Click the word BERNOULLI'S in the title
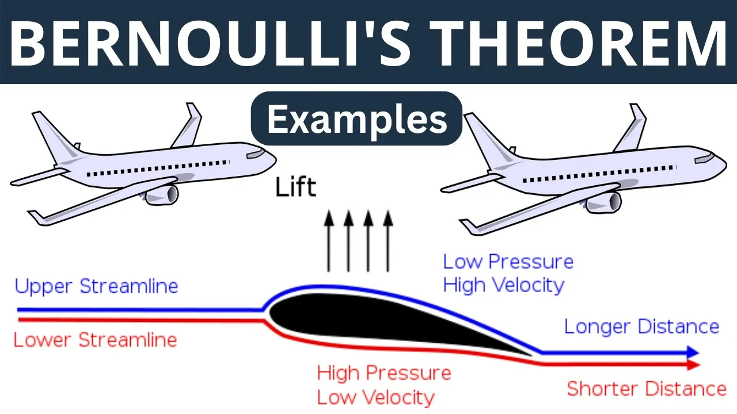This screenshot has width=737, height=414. point(210,43)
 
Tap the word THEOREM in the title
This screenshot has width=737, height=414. point(583,43)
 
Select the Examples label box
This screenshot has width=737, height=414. point(356,118)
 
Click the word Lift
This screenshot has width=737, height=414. point(296,187)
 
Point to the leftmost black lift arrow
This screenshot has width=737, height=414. point(329,241)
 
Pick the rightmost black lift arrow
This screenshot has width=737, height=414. point(388,241)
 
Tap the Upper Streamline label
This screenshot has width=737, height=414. point(96,286)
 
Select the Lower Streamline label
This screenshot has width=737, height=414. point(96,340)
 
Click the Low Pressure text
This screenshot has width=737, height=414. point(508,262)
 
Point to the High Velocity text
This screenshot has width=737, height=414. point(504,285)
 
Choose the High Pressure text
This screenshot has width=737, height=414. point(384,373)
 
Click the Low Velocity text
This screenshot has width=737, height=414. point(376,397)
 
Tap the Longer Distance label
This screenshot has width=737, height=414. point(642,327)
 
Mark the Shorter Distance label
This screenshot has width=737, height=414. point(647,389)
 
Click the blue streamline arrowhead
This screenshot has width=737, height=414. point(693,352)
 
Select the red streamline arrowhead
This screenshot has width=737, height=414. point(693,365)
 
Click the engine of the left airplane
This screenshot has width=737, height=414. point(162,195)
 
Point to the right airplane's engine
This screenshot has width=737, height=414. point(605,203)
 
